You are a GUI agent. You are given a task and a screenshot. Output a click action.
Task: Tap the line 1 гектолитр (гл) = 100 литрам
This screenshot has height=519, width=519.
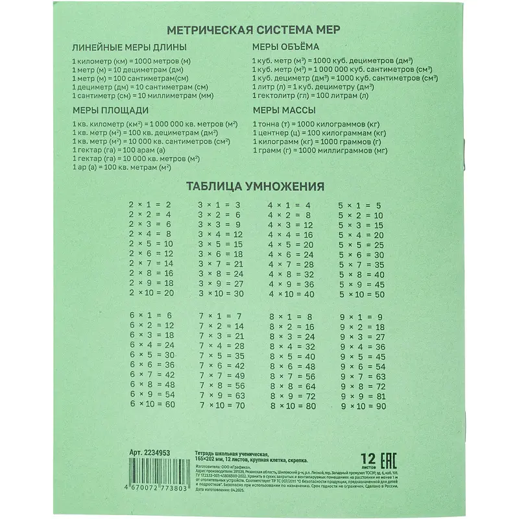[x=311, y=95]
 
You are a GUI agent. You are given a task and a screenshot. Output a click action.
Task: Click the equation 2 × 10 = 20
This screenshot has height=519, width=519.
[x=152, y=293]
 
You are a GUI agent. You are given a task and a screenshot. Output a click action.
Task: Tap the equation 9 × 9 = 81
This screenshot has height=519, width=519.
[x=363, y=396]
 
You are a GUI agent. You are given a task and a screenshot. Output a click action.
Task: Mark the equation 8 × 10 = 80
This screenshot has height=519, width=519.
[x=292, y=405]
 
